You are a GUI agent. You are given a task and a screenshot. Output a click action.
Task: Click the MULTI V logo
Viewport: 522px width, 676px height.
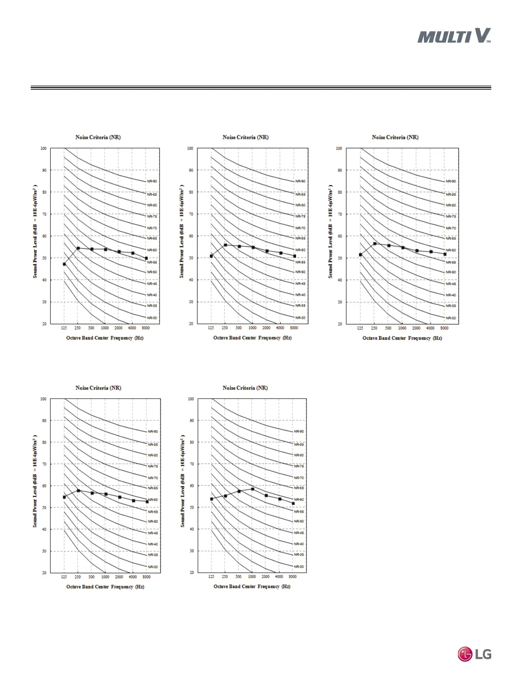[x=454, y=36]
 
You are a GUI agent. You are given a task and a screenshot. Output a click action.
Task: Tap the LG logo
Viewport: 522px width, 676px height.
[x=474, y=654]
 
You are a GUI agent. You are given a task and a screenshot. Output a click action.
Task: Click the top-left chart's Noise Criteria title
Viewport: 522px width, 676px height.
[x=98, y=137]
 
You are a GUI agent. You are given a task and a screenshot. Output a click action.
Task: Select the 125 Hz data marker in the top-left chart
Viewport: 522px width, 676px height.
[x=64, y=264]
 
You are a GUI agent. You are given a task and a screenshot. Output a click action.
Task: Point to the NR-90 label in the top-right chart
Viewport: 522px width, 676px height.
[x=450, y=181]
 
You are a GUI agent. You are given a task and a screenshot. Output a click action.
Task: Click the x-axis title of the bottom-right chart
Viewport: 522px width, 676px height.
[x=252, y=586]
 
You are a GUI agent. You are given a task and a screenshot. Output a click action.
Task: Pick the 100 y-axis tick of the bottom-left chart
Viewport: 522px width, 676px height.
[x=43, y=399]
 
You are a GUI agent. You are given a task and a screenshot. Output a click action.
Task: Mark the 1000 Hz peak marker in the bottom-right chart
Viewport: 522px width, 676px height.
[x=252, y=489]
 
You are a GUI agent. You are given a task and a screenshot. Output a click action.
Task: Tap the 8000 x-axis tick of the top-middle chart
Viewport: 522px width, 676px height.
[x=294, y=328]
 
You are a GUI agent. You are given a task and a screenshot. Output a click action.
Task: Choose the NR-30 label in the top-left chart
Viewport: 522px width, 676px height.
[x=152, y=318]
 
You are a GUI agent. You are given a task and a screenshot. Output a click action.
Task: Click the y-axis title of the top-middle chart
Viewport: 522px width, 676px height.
[x=182, y=231]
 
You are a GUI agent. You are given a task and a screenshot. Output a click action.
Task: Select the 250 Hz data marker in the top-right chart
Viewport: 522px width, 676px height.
[x=374, y=244]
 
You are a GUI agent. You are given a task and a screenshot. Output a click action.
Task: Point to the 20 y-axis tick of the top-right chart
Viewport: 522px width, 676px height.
[x=339, y=324]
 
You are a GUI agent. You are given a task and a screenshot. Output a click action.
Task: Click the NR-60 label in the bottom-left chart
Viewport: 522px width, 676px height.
[x=153, y=500]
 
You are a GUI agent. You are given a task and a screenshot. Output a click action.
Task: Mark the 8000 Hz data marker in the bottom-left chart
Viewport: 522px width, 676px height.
[x=147, y=501]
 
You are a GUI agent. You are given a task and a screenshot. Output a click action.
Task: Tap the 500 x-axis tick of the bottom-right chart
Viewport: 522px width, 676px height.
[x=238, y=577]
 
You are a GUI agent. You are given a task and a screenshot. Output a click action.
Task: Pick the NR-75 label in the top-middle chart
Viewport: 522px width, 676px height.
[x=300, y=216]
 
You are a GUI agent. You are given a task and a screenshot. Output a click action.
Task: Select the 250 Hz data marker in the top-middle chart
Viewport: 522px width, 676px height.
[x=225, y=245]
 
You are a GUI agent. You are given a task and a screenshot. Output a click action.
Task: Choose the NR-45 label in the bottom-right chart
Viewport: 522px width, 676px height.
[x=299, y=533]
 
